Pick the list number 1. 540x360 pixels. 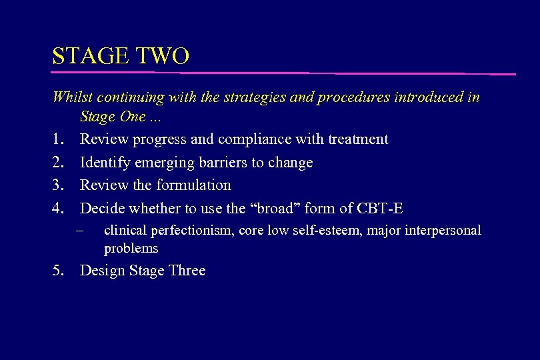[59, 139]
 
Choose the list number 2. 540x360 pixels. [59, 163]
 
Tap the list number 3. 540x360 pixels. [59, 185]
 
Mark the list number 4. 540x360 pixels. [59, 209]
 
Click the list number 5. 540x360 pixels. [59, 271]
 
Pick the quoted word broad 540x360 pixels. [275, 209]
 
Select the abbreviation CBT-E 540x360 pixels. [379, 209]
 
